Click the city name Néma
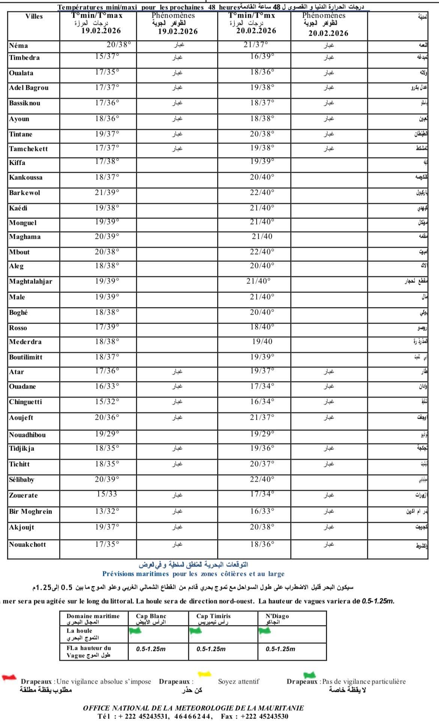click(18, 46)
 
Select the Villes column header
click(34, 17)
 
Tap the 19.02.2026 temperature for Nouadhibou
click(107, 434)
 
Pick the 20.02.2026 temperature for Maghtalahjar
click(258, 281)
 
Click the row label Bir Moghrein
click(30, 512)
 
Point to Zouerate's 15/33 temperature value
click(107, 494)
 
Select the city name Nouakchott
click(27, 545)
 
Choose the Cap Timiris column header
click(213, 616)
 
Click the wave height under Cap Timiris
click(211, 649)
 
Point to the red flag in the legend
click(9, 677)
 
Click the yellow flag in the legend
click(204, 675)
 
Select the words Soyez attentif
click(239, 681)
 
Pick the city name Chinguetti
click(26, 402)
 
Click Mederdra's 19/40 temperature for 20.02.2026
click(262, 342)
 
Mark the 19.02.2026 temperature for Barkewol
click(107, 192)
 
